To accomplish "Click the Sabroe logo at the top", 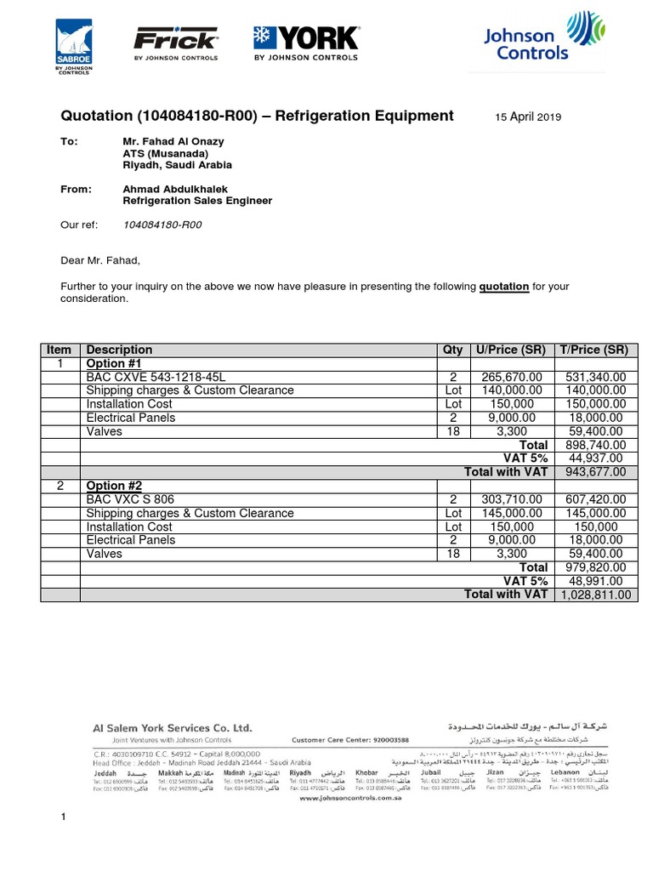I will click(74, 47).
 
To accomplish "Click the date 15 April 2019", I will click(528, 117).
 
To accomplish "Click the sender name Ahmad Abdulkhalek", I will click(175, 189).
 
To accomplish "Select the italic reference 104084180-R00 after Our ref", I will click(162, 225).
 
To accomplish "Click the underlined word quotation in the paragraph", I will click(504, 287).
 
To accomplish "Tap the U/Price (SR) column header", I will click(510, 350).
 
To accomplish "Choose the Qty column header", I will click(453, 350).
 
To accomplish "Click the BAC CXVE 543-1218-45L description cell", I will click(156, 377).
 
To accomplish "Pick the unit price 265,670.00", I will click(511, 377).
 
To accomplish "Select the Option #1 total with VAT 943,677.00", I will click(593, 472).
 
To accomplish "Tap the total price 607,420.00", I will click(593, 499).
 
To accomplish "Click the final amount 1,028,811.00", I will click(594, 595).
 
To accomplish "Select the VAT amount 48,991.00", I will click(595, 581).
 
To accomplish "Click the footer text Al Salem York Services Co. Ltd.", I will click(173, 728).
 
